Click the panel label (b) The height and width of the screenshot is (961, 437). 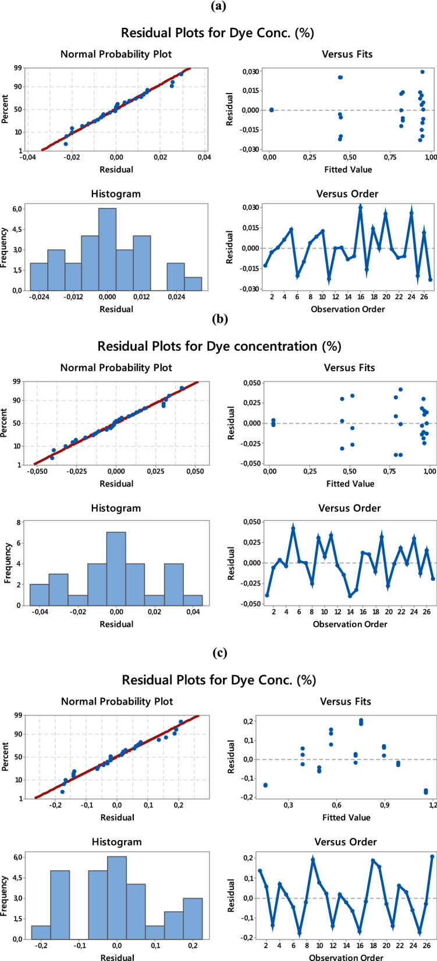pyautogui.click(x=219, y=318)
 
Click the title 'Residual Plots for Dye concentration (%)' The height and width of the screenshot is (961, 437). pyautogui.click(x=219, y=346)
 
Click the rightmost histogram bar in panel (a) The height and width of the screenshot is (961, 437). pyautogui.click(x=193, y=284)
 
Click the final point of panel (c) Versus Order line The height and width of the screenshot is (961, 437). pyautogui.click(x=432, y=856)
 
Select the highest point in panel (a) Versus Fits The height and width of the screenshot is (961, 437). pyautogui.click(x=422, y=72)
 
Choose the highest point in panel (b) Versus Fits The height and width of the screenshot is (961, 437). pyautogui.click(x=400, y=389)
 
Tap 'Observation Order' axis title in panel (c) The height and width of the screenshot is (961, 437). pyautogui.click(x=346, y=957)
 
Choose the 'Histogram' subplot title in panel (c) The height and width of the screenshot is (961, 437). pyautogui.click(x=116, y=842)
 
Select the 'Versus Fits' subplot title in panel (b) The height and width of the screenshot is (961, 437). pyautogui.click(x=347, y=368)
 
